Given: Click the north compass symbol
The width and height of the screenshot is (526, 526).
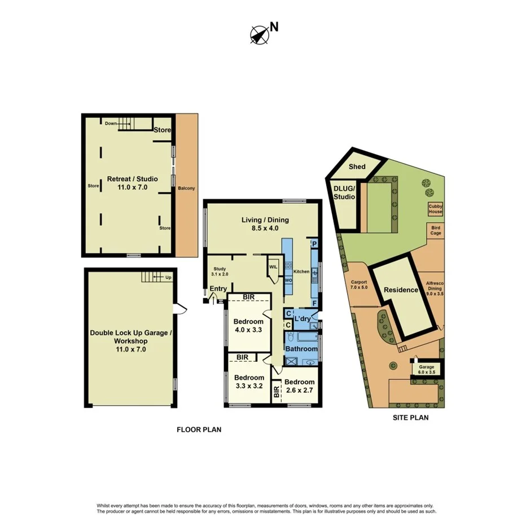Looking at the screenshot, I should click(258, 34).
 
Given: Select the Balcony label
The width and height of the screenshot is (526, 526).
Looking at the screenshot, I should click(186, 188).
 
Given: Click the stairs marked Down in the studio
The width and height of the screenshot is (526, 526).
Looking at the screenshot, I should click(128, 123).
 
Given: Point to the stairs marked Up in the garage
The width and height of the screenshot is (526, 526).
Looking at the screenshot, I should click(151, 277).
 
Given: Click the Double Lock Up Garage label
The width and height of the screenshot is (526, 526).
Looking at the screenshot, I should click(129, 337).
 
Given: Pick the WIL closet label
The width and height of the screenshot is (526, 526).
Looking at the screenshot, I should click(273, 267).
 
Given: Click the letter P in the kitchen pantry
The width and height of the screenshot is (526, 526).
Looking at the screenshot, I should click(314, 244).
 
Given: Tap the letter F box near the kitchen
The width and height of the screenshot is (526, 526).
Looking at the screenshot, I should click(314, 303).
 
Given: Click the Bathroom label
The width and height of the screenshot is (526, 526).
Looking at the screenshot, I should click(301, 349).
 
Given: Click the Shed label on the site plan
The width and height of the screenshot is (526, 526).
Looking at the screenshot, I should click(357, 166).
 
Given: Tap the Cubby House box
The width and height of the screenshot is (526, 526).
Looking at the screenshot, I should click(435, 209).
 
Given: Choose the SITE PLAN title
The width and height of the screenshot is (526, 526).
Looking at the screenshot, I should click(410, 418).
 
